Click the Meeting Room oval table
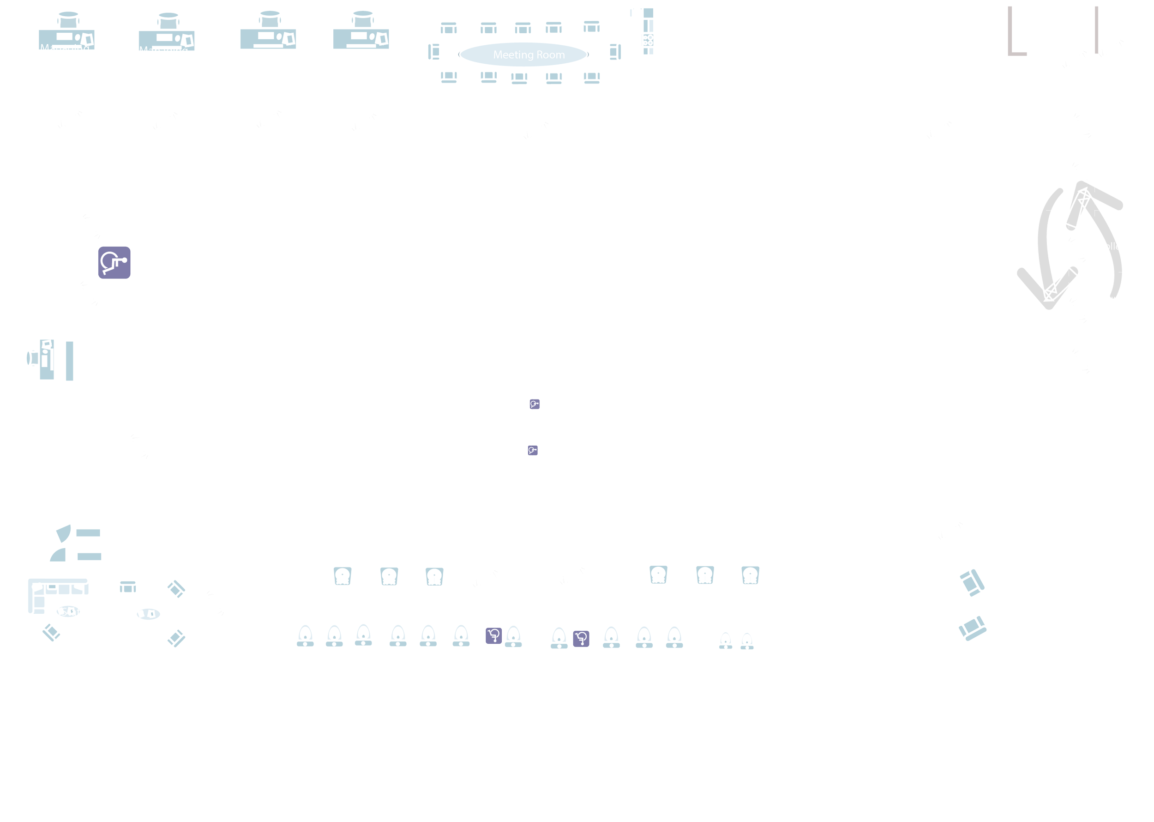(x=523, y=54)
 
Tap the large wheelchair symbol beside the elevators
(x=114, y=262)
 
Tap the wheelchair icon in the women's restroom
(x=493, y=635)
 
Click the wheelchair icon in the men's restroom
(x=581, y=638)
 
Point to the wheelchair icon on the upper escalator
(x=534, y=404)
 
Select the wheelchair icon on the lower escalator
(x=532, y=450)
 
